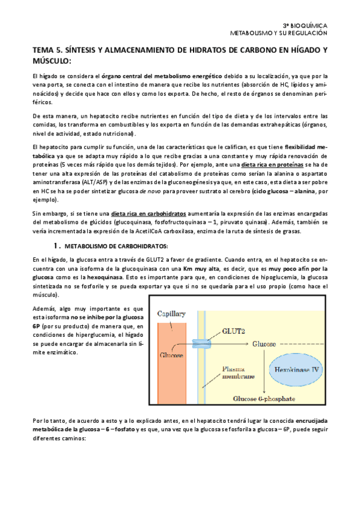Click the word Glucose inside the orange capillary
[x=171, y=355]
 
